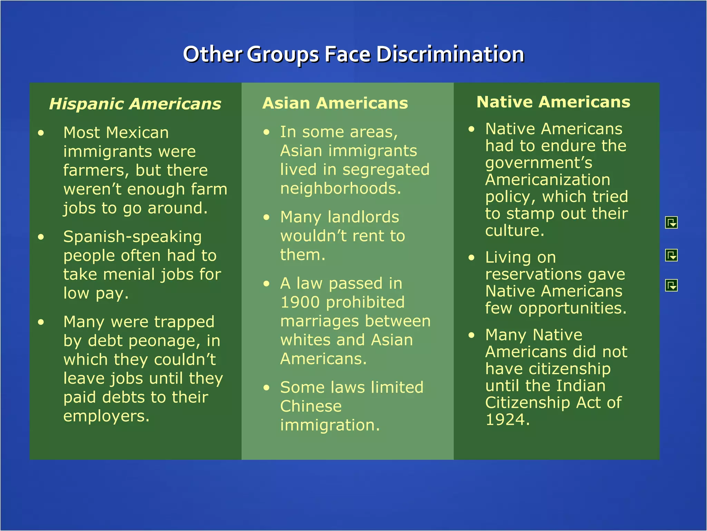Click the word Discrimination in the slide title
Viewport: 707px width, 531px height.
pyautogui.click(x=450, y=54)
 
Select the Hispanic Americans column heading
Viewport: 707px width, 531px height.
pyautogui.click(x=135, y=104)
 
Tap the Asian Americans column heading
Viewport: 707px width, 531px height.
pyautogui.click(x=335, y=103)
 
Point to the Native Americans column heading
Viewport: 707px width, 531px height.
pyautogui.click(x=553, y=102)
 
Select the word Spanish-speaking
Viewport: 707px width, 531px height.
pyautogui.click(x=133, y=237)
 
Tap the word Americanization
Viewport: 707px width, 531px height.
pyautogui.click(x=548, y=180)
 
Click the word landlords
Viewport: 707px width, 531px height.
pyautogui.click(x=363, y=217)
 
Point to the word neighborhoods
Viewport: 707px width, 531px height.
pyautogui.click(x=340, y=189)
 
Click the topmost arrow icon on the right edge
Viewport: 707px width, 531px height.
pyautogui.click(x=671, y=223)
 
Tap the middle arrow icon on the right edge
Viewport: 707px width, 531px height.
pyautogui.click(x=671, y=255)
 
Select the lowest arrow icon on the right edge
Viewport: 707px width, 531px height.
pyautogui.click(x=671, y=285)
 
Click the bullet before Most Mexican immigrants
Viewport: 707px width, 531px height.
pyautogui.click(x=41, y=133)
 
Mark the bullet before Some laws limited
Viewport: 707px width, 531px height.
pyautogui.click(x=266, y=388)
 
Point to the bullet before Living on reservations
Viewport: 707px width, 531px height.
pyautogui.click(x=472, y=258)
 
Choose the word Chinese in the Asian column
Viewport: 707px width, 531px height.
pyautogui.click(x=311, y=406)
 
